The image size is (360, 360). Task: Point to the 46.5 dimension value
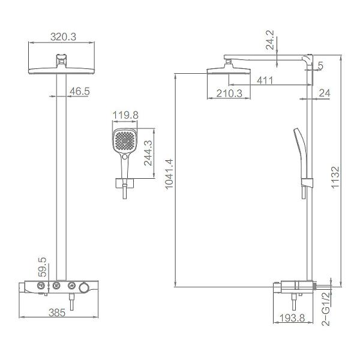tap(79, 91)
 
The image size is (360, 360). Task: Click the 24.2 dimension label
tap(271, 39)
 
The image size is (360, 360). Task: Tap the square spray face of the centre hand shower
tap(124, 142)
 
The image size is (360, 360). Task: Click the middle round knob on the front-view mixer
tap(58, 286)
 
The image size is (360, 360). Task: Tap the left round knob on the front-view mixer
tap(41, 286)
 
